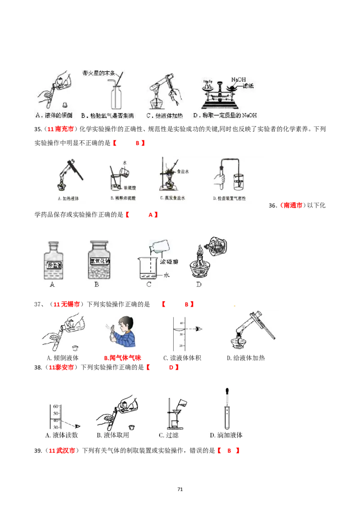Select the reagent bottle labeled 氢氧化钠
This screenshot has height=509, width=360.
[100, 262]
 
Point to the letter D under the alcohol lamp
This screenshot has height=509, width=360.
[199, 284]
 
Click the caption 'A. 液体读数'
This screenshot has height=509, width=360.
[62, 435]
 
